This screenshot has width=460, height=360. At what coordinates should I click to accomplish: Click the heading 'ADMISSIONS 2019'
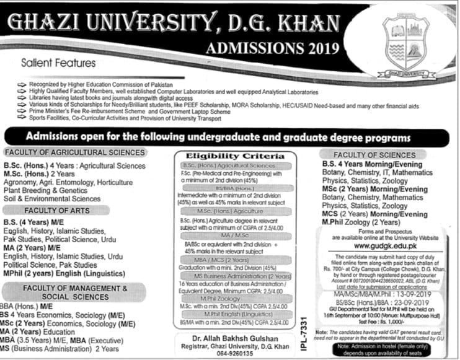point(274,48)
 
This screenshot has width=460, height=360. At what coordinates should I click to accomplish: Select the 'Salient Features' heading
point(58,63)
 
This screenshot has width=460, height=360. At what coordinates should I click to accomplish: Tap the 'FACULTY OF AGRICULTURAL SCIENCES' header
point(75,152)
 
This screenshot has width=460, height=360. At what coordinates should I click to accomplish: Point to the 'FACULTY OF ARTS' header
point(75,211)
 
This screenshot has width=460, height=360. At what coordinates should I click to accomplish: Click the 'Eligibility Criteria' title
point(238,156)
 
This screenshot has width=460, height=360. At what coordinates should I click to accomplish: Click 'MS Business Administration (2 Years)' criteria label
point(238,276)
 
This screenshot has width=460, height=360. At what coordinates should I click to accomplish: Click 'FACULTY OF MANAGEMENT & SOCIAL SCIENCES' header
point(75,292)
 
